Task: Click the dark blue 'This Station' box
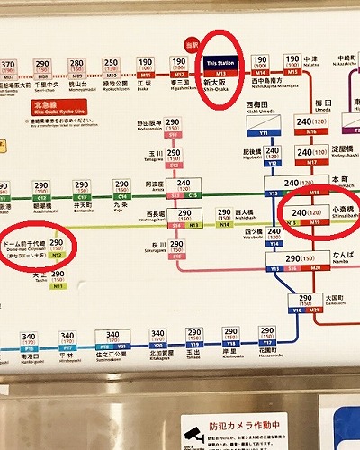pos(220,65)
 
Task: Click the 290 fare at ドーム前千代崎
pos(57,244)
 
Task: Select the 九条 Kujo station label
pos(123,205)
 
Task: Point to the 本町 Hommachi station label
pos(340,179)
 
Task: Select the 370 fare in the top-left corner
pos(9,65)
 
